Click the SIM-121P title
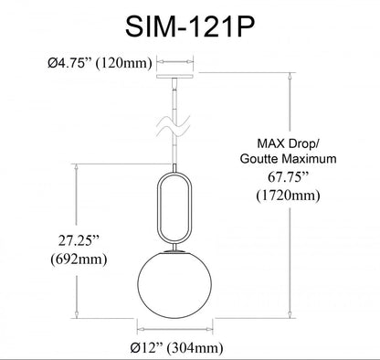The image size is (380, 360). tap(190, 26)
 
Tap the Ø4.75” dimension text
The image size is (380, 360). tap(69, 63)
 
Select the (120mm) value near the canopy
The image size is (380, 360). tap(124, 63)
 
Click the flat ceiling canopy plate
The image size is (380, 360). tap(175, 76)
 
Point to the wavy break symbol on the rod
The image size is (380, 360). tap(174, 126)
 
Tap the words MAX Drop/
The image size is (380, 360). tap(288, 143)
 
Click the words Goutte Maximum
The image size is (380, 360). tap(288, 159)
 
